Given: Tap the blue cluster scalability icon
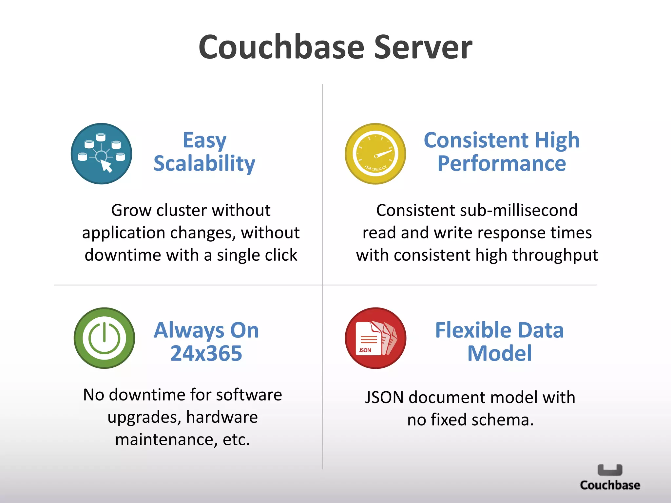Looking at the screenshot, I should (x=102, y=154).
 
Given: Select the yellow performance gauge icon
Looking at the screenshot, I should (x=375, y=154).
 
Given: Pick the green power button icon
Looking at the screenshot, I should (x=104, y=338).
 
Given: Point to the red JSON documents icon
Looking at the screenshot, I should (x=375, y=338).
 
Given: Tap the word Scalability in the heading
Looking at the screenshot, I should (x=204, y=163).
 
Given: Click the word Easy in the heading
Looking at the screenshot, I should (x=204, y=140).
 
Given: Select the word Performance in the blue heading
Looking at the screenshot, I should (x=502, y=163).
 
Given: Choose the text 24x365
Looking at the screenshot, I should (x=206, y=353).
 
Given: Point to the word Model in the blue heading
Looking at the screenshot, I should (x=500, y=353).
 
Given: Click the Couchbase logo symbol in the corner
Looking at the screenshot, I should (x=610, y=470).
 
